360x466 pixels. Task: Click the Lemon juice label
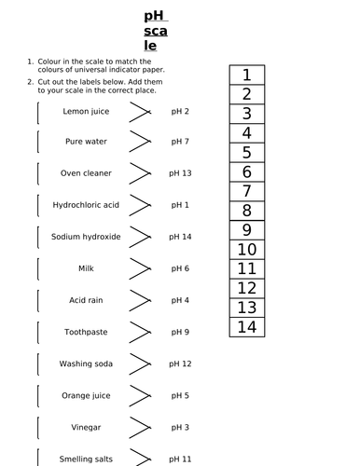tap(86, 111)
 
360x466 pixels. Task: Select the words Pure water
tap(86, 142)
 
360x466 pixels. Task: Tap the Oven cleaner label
tap(86, 173)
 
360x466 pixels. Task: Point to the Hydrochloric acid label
tap(86, 205)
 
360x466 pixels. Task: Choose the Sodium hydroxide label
tap(86, 237)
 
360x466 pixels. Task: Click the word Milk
tap(86, 268)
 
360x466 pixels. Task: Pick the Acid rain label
tap(86, 300)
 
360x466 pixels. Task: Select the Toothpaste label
tap(86, 332)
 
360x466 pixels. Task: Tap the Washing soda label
tap(86, 363)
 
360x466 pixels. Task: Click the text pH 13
tap(181, 173)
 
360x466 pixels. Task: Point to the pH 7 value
tap(180, 142)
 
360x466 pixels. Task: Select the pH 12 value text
tap(181, 363)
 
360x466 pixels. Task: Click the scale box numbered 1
tap(246, 75)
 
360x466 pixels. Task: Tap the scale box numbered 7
tap(246, 191)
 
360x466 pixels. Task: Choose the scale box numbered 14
tap(246, 326)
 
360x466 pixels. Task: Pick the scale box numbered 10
tap(246, 249)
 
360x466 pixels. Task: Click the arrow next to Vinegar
tap(139, 427)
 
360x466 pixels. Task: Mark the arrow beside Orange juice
tap(139, 395)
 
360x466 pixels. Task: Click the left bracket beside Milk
tap(38, 268)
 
